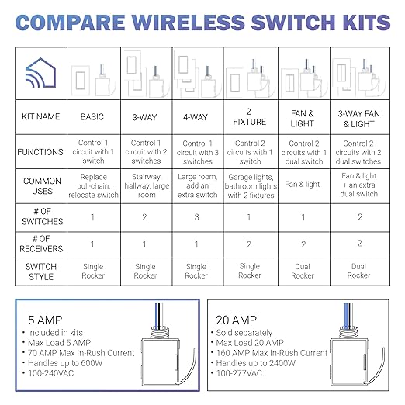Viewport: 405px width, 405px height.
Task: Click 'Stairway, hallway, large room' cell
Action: (145, 185)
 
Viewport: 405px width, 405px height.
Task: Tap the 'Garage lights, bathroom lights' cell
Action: (250, 185)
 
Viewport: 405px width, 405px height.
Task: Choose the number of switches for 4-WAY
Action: (197, 216)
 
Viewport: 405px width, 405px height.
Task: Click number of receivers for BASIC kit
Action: (92, 243)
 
